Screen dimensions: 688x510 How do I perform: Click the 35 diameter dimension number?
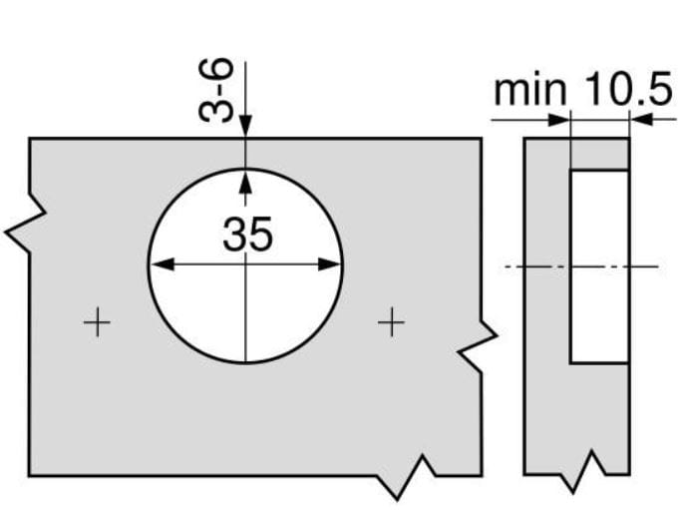tap(247, 235)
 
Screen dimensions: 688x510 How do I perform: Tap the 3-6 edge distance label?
tap(215, 90)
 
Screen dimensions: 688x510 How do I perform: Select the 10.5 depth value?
tap(628, 89)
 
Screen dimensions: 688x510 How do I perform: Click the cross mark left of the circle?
tap(97, 322)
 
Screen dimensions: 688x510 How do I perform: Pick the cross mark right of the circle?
tap(391, 322)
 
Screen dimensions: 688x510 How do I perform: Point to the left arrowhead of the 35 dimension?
tap(163, 264)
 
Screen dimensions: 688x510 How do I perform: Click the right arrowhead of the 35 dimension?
tap(329, 264)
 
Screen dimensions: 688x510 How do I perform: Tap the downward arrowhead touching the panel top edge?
tap(245, 127)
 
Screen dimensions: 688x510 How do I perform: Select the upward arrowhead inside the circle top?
tap(245, 181)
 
